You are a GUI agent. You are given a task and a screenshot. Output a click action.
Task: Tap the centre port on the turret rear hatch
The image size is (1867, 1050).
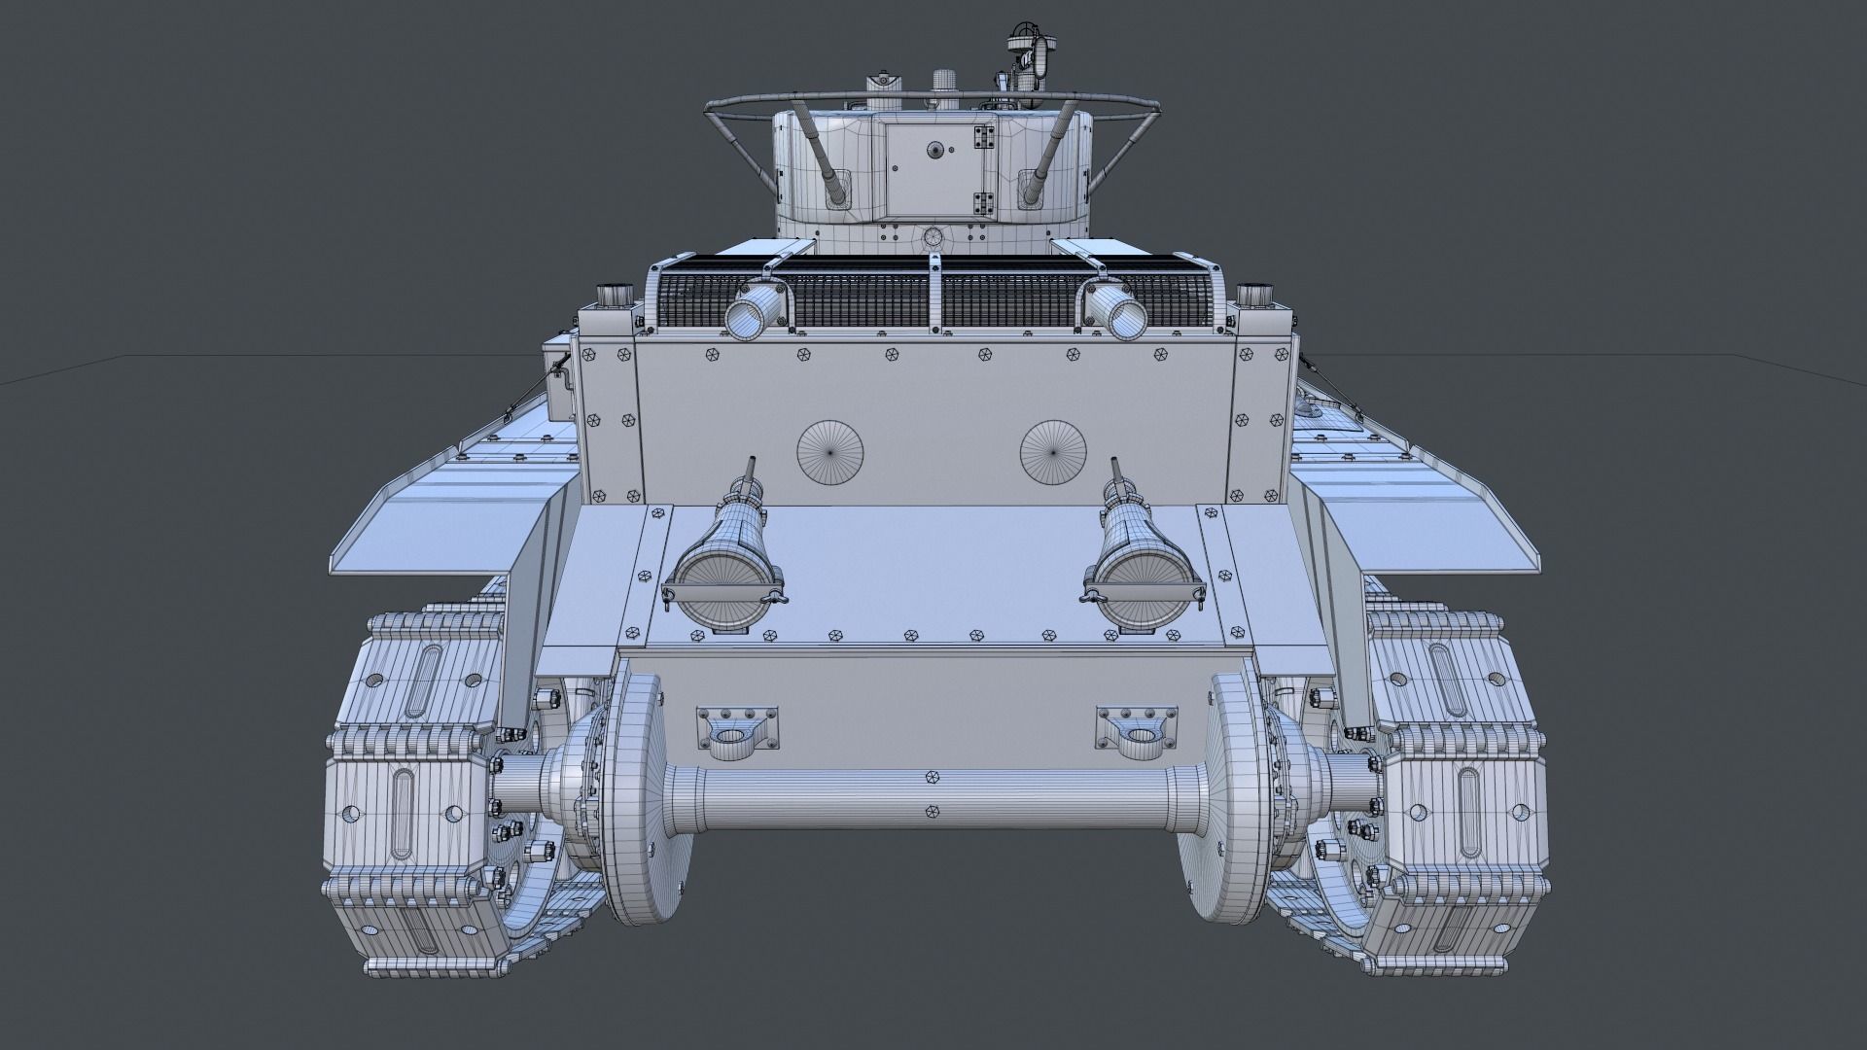point(935,149)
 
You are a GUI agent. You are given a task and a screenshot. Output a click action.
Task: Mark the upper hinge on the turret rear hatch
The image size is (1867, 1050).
point(983,139)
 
